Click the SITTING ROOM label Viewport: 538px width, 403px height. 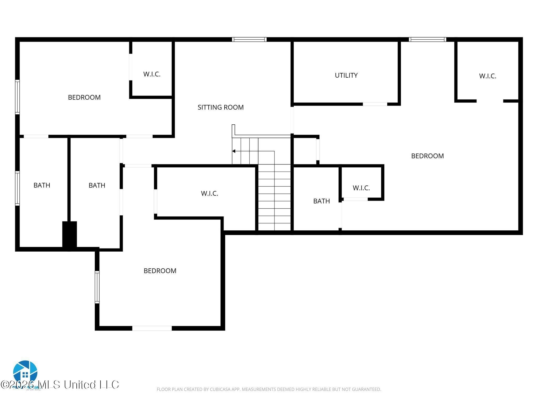point(220,107)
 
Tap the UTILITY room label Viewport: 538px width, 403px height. point(346,75)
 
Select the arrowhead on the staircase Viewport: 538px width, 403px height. point(234,151)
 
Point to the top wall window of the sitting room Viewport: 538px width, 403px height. point(249,40)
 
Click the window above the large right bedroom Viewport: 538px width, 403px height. point(427,40)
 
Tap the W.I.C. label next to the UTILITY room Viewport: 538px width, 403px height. point(487,76)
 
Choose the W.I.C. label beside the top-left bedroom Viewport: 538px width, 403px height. point(152,74)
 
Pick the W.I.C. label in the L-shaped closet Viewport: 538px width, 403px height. point(209,193)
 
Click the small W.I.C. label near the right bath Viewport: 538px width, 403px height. point(361,188)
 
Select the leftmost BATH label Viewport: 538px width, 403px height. point(42,185)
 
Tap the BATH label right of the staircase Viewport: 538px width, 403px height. point(321,201)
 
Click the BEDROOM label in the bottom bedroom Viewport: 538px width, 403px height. point(160,271)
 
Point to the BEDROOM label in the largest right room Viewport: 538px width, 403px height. point(427,156)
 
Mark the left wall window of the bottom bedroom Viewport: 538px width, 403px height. point(97,287)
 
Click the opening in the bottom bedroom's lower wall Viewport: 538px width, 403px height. point(152,328)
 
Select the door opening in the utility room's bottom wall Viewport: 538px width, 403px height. point(375,104)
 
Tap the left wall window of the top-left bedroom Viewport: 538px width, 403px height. point(17,97)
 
